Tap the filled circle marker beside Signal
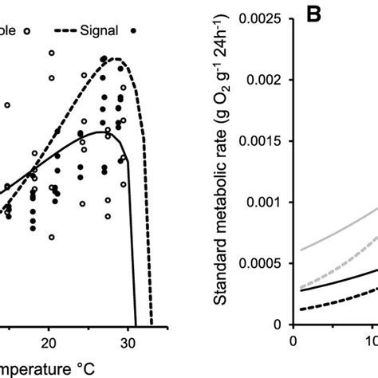(x=133, y=30)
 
